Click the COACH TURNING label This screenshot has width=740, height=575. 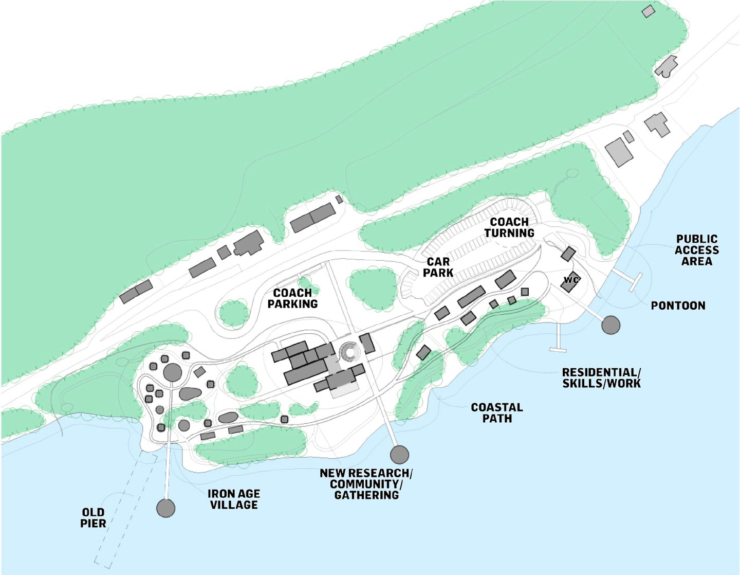509,227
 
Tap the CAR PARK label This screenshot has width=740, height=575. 438,267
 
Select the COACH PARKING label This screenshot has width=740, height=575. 292,298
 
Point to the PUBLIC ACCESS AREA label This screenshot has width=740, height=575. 696,250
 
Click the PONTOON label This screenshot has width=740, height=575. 678,306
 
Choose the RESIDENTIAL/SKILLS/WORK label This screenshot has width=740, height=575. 601,378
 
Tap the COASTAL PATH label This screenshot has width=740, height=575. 496,413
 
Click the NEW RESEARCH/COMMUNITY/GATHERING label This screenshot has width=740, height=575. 366,484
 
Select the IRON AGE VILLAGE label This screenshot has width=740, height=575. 234,499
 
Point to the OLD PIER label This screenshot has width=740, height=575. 93,518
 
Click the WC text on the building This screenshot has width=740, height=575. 571,280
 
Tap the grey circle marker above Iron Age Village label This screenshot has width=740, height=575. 165,508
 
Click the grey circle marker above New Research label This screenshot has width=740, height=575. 399,455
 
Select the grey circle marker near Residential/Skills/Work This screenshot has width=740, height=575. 610,325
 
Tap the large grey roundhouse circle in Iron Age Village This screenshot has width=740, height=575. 173,372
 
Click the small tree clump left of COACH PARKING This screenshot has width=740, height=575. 234,313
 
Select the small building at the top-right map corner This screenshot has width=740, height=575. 649,11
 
